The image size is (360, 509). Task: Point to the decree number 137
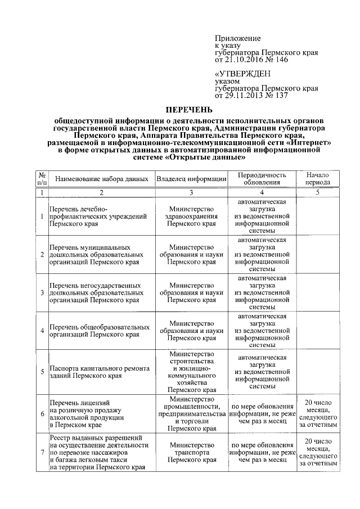[280, 96]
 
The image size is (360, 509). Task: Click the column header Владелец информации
[192, 178]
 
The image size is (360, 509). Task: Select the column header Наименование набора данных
[101, 178]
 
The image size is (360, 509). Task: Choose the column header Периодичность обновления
[262, 178]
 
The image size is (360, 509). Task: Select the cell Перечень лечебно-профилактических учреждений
[100, 215]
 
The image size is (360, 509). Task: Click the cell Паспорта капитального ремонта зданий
[100, 372]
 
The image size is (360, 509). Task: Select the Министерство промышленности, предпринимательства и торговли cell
[192, 414]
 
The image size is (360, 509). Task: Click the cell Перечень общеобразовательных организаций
[100, 331]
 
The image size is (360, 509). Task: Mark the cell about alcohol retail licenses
[100, 414]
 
